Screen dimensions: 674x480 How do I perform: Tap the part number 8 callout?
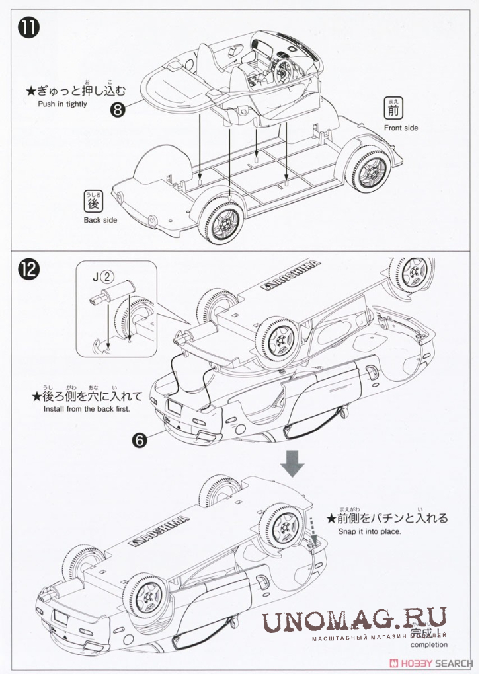[118, 110]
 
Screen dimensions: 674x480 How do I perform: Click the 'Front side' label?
[401, 127]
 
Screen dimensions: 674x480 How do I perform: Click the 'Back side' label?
[100, 219]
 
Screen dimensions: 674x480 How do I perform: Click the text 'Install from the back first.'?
[87, 409]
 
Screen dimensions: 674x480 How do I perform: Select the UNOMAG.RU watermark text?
[354, 622]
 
